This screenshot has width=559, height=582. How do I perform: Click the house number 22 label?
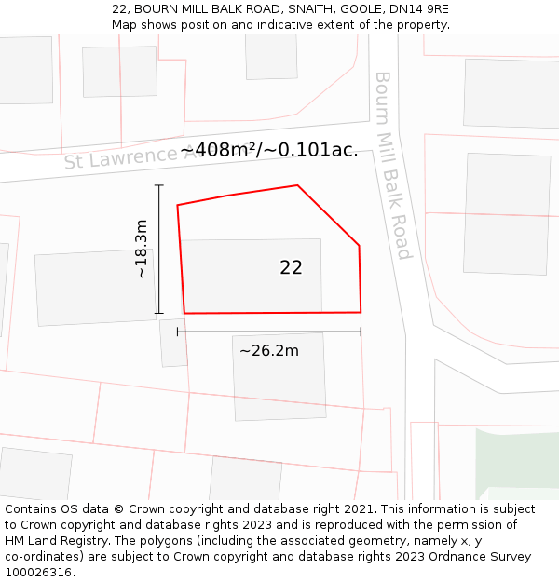pos(291,267)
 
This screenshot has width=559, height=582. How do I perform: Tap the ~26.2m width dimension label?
pos(269,351)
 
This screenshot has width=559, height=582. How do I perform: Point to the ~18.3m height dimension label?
pos(141,250)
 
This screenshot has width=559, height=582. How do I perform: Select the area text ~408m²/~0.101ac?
pos(269,150)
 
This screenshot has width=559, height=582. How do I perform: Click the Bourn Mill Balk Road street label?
pos(392,165)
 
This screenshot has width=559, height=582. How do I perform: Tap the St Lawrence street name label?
pos(121,157)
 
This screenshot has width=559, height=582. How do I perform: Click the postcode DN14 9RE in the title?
pos(416,9)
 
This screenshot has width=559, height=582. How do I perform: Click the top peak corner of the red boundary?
pos(297,185)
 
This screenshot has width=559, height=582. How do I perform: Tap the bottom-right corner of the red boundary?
pos(361,312)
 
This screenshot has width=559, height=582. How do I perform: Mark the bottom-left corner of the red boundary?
pos(184,313)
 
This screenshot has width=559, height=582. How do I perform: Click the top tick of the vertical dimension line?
pos(159,186)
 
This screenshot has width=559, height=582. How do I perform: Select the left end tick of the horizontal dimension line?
pos(177,332)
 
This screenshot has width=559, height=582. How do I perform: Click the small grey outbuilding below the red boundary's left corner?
pos(174,342)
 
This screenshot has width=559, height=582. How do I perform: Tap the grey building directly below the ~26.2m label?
pos(279,377)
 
